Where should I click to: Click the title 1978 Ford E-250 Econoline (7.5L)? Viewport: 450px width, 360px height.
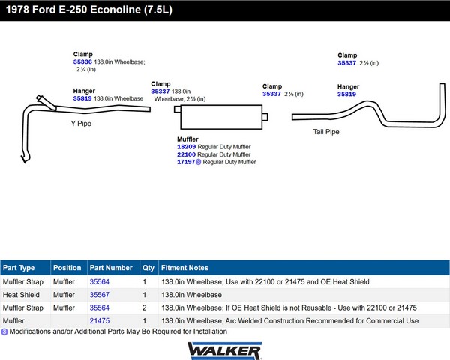coord(89,10)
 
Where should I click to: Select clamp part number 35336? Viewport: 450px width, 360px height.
coord(82,61)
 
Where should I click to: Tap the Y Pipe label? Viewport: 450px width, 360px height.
coord(81,124)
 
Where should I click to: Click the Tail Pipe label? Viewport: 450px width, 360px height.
coord(326,132)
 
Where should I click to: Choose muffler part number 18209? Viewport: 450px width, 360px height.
coord(187,147)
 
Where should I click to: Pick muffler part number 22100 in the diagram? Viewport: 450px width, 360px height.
coord(187,154)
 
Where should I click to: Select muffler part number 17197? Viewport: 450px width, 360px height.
coord(186,162)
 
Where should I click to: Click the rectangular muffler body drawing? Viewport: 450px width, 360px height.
coord(221,117)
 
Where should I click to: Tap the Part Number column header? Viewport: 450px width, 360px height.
coord(111,268)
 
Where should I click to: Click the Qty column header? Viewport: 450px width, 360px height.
coord(148,268)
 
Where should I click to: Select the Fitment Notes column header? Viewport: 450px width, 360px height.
coord(184,268)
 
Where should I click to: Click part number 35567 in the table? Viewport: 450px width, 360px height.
coord(100,295)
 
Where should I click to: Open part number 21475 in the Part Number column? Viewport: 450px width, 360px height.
coord(100,321)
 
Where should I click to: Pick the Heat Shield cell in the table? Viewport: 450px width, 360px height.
coord(21,295)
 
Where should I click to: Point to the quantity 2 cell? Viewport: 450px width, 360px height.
coord(145,307)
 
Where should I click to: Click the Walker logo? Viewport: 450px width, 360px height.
coord(224,350)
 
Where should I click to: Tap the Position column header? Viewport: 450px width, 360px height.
coord(67,268)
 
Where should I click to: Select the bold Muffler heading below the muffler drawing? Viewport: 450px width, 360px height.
coord(187,139)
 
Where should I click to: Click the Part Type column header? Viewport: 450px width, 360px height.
coord(19,268)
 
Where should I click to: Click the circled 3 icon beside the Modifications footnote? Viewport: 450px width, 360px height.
coord(4,331)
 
